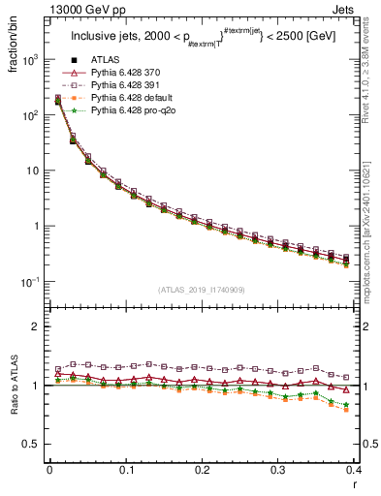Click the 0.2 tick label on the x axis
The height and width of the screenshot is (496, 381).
(x=202, y=470)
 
